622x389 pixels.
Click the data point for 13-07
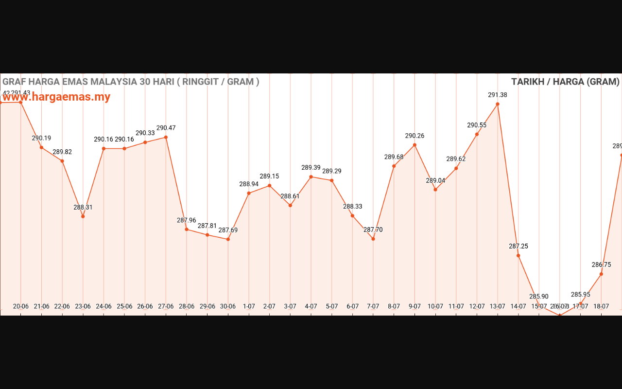pos(498,104)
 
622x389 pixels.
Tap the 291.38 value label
pos(498,95)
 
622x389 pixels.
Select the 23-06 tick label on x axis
pos(83,306)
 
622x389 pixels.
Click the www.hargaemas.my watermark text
pos(56,97)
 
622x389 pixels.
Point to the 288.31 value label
pos(83,207)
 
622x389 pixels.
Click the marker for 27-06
pos(166,137)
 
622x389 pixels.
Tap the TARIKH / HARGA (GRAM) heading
pos(565,82)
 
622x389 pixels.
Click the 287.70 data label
pos(373,230)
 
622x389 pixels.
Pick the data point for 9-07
pos(415,145)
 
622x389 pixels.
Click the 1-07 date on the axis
pos(249,306)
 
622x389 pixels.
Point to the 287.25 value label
pos(518,246)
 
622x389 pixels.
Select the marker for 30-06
pos(228,239)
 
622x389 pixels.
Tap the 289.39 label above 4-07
pos(311,167)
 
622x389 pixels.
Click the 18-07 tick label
pos(601,306)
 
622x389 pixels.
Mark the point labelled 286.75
pos(601,274)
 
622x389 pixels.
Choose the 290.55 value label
pos(477,125)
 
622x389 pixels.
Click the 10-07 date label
pos(435,306)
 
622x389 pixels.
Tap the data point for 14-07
pos(518,256)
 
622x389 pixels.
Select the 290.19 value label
pos(41,138)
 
